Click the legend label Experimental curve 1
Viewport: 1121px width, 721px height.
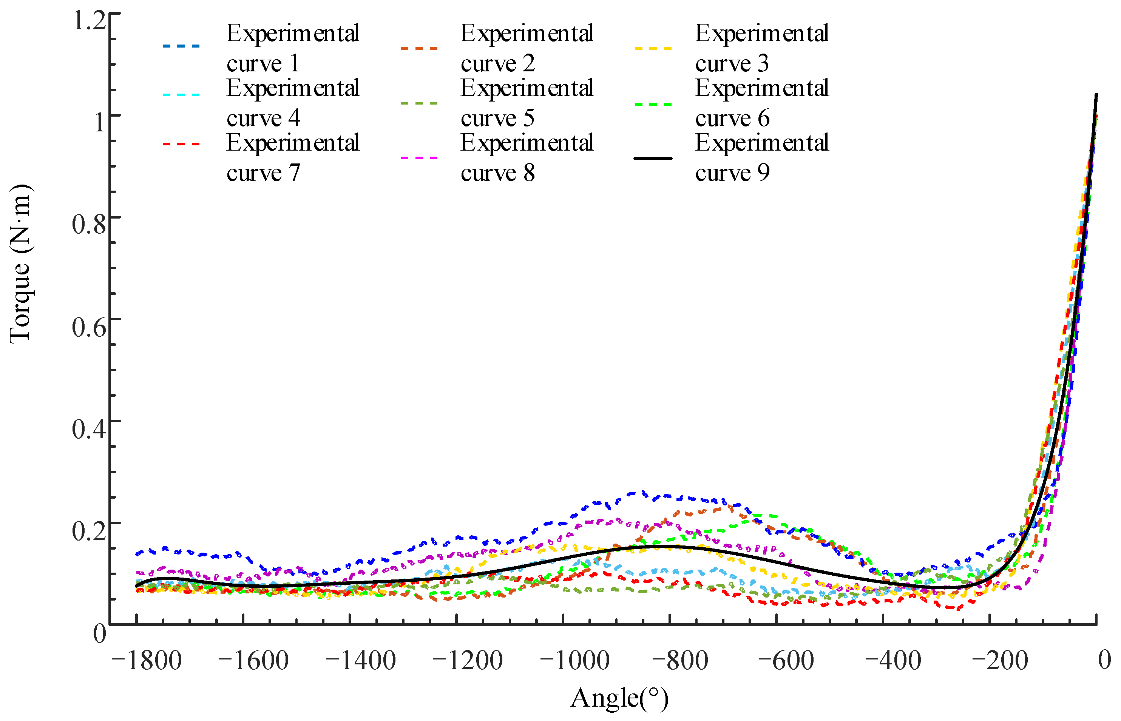pyautogui.click(x=292, y=48)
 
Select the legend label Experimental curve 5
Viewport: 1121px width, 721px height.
pyautogui.click(x=527, y=103)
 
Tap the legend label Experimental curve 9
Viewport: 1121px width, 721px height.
pyautogui.click(x=762, y=157)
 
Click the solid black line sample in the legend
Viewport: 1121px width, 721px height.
pyautogui.click(x=653, y=158)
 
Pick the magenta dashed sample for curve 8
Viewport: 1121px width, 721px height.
pyautogui.click(x=419, y=158)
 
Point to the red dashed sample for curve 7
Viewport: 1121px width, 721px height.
pyautogui.click(x=181, y=144)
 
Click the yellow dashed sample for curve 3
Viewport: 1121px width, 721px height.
pyautogui.click(x=653, y=48)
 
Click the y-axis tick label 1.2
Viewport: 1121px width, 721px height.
pyautogui.click(x=89, y=21)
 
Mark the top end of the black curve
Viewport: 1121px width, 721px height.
pyautogui.click(x=1096, y=95)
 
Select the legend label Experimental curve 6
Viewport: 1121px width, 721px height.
pyautogui.click(x=762, y=103)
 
